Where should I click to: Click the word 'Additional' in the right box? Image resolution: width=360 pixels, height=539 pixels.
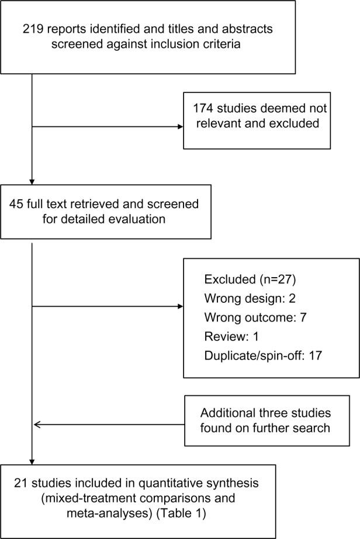pyautogui.click(x=226, y=413)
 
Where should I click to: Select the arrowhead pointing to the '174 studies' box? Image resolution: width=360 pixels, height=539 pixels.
pyautogui.click(x=179, y=126)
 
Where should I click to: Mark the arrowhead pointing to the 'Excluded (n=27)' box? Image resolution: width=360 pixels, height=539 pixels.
pyautogui.click(x=179, y=305)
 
